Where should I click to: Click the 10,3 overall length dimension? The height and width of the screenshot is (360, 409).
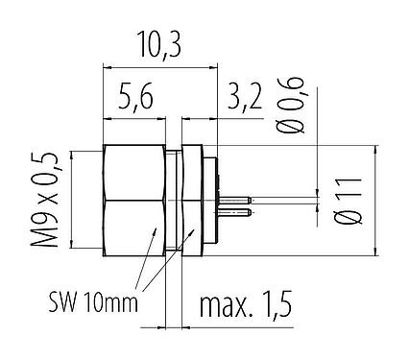[x=158, y=44]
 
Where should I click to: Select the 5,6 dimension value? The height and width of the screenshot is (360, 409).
[x=137, y=96]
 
